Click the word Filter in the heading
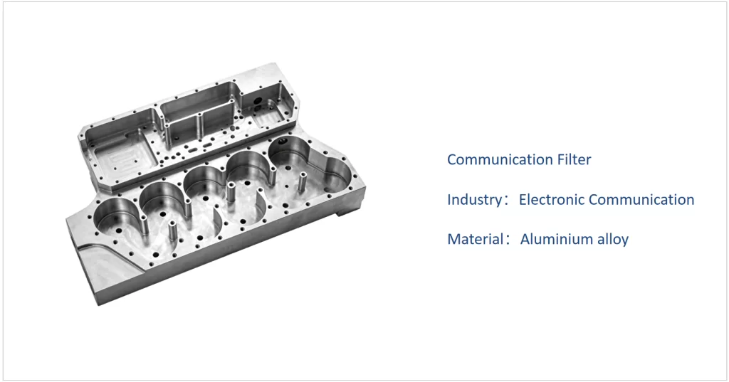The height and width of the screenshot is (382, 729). coord(575,159)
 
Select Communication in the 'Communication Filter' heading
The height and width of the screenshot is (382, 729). coord(500,159)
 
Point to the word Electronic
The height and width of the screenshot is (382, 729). coord(552,199)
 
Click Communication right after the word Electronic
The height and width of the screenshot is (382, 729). coord(641,199)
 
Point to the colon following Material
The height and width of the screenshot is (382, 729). coord(507,240)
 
